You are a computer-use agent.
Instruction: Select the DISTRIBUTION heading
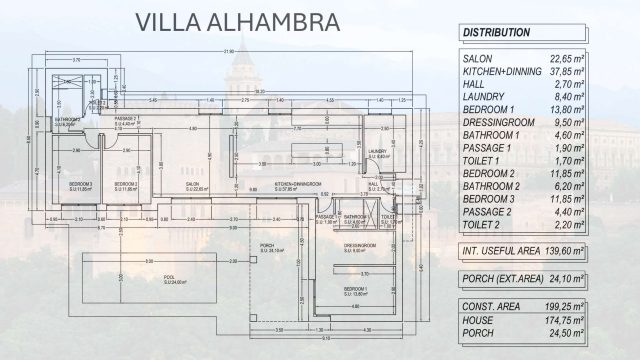coord(496,33)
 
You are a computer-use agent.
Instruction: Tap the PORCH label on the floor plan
coord(268,248)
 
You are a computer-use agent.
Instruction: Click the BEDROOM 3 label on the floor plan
coord(80,185)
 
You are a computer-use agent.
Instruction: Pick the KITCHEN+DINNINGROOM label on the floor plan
coord(298,185)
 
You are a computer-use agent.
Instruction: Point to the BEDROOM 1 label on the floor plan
coord(356,290)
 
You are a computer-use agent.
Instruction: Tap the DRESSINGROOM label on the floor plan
coord(358,247)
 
